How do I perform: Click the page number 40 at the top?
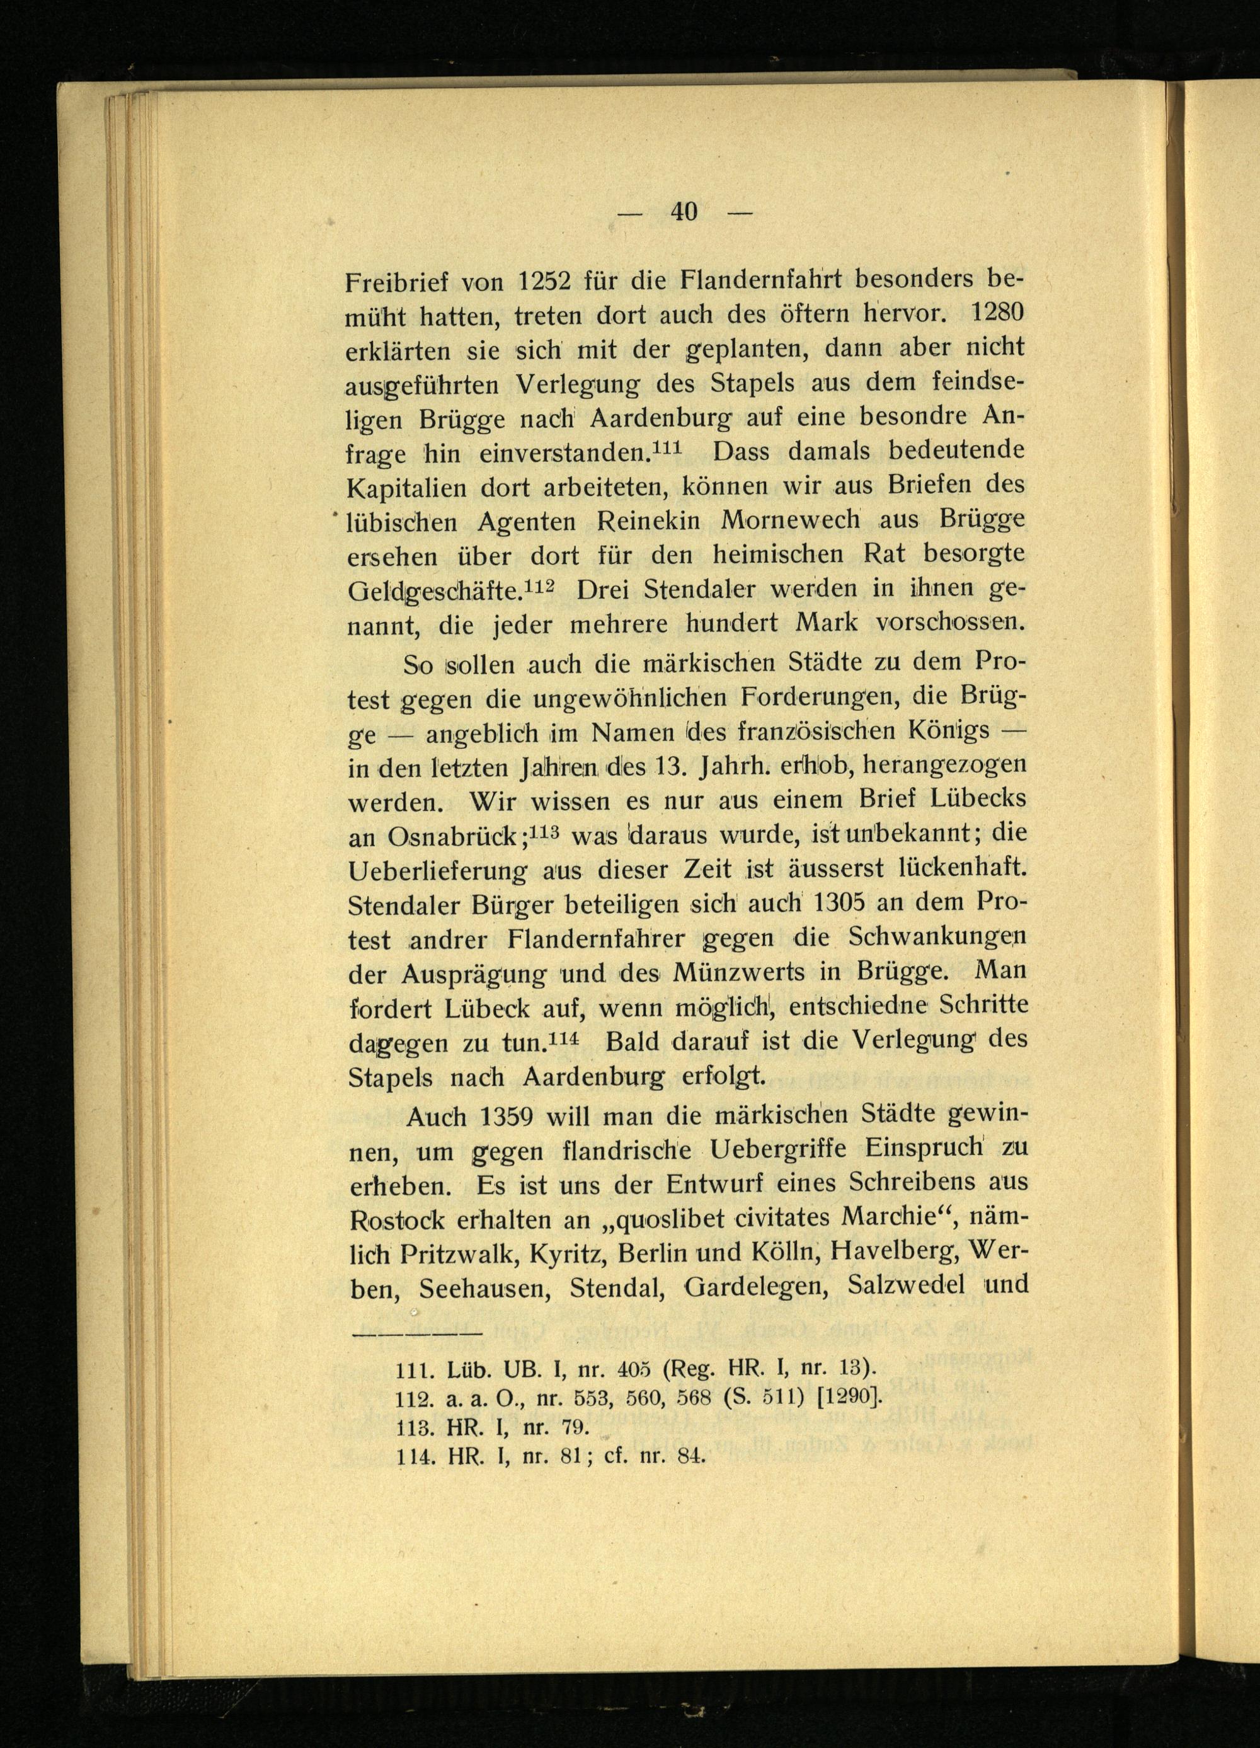click(684, 211)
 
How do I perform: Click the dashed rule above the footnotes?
click(416, 1333)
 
